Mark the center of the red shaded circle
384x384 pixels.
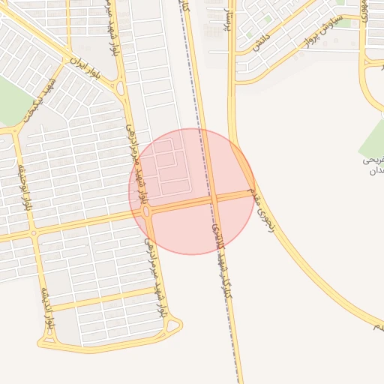point(193,191)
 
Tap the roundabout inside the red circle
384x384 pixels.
point(148,212)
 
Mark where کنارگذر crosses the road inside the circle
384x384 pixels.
point(213,200)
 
